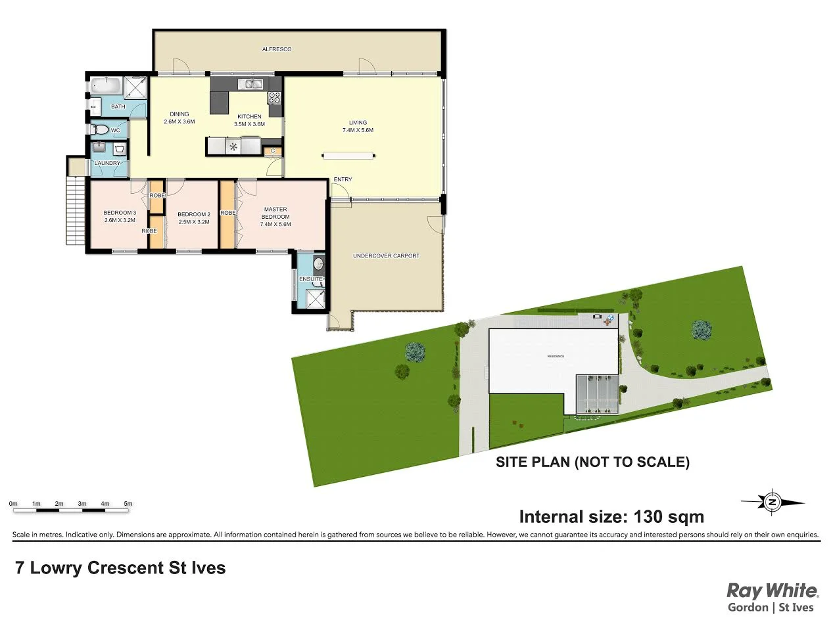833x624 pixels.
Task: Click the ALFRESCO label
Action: tap(276, 49)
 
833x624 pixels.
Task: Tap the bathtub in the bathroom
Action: tap(105, 86)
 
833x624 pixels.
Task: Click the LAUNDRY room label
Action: tap(107, 163)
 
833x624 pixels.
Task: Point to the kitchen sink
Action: tap(250, 83)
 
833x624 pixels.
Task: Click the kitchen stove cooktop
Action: tap(275, 98)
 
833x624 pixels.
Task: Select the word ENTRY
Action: tap(343, 179)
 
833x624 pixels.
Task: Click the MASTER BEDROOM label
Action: tap(275, 213)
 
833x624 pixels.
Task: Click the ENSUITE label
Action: tap(311, 280)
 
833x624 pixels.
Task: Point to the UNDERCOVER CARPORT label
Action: tap(386, 256)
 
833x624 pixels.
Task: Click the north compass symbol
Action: tap(773, 503)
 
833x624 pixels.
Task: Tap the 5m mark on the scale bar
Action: tap(128, 504)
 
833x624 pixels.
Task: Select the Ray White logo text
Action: tap(771, 590)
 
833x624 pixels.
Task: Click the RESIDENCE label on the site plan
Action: tap(556, 356)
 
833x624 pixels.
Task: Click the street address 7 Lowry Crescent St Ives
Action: tap(120, 568)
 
